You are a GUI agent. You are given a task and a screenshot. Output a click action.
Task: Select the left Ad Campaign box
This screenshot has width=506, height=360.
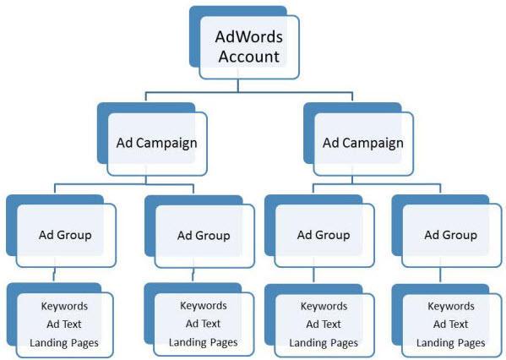(156, 143)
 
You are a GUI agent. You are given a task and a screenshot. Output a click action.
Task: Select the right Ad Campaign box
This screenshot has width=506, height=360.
(362, 143)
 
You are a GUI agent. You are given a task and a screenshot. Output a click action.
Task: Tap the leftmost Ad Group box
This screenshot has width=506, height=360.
(64, 234)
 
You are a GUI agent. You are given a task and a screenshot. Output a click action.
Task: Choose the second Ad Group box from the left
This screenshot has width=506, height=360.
(203, 235)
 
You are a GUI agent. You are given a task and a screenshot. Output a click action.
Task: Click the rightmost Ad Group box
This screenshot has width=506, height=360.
(450, 234)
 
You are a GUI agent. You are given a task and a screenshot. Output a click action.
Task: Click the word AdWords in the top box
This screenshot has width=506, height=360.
(248, 37)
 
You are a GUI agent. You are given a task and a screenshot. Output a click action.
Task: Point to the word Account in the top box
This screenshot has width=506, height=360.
(248, 57)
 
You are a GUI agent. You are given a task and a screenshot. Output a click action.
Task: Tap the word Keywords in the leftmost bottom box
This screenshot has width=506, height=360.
(64, 305)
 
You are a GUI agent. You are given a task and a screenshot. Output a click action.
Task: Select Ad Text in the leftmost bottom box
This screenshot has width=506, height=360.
(64, 324)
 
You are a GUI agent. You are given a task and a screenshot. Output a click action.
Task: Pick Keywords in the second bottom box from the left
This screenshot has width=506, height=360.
(203, 305)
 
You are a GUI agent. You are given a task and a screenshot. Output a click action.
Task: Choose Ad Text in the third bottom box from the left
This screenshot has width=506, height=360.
(324, 324)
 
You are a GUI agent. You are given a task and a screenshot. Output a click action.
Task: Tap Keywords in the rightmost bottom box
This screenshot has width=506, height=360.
(451, 305)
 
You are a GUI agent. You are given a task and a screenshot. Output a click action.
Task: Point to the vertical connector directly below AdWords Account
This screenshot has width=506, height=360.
(238, 84)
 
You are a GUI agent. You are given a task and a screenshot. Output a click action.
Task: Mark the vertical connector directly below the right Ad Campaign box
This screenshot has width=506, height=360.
(356, 179)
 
